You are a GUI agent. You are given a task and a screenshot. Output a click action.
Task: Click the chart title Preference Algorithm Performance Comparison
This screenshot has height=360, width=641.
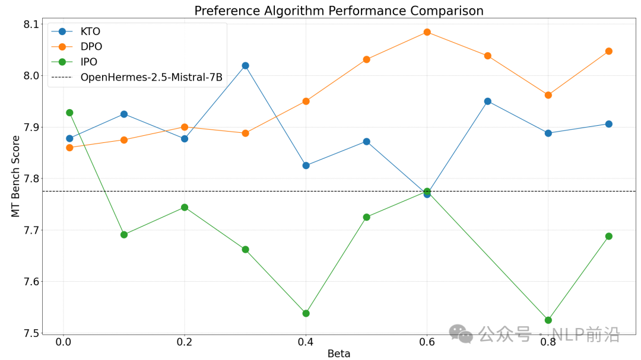(339, 11)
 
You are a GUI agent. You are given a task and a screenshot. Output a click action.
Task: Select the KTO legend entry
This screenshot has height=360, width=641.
(89, 31)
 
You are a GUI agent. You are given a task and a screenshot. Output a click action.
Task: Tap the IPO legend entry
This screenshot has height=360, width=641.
(88, 62)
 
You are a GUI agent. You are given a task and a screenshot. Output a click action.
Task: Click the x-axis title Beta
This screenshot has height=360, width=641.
(339, 353)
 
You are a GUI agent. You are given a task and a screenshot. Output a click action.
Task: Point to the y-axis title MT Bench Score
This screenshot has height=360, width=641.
(16, 176)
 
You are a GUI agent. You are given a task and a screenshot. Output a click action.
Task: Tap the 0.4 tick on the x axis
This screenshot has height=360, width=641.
(306, 342)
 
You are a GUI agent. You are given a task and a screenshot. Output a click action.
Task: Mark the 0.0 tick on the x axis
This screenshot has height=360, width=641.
(63, 342)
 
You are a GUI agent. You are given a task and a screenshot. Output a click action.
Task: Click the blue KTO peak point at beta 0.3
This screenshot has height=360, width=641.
(245, 65)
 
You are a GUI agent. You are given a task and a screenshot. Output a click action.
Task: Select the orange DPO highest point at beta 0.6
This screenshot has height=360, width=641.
(427, 32)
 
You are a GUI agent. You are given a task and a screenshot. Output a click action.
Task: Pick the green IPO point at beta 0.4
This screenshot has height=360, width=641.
(306, 313)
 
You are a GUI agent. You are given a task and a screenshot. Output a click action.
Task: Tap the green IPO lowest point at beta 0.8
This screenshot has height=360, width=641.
(548, 320)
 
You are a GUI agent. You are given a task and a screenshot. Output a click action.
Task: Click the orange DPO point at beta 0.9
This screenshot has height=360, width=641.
(608, 51)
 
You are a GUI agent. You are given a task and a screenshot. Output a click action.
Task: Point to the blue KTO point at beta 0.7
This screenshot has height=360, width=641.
(487, 101)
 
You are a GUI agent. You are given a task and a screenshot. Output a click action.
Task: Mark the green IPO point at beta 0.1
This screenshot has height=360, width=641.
(124, 234)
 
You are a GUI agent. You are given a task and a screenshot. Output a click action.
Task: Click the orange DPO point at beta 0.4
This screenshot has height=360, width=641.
(306, 101)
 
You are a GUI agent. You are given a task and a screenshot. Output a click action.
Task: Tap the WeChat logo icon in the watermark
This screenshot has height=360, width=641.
(461, 333)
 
